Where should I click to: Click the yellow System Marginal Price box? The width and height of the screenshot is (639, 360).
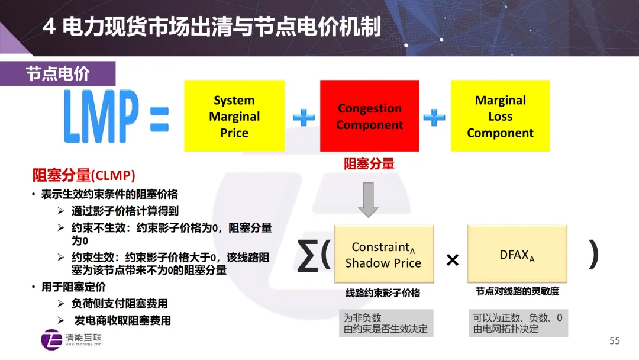click(x=234, y=116)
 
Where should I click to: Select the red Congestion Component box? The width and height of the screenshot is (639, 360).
click(x=370, y=116)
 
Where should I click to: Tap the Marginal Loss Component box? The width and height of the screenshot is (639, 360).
click(x=500, y=116)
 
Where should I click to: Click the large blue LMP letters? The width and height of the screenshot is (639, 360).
click(x=101, y=116)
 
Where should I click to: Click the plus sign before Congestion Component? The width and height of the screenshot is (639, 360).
click(x=304, y=117)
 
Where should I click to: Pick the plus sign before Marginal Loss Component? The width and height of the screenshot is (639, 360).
click(x=434, y=117)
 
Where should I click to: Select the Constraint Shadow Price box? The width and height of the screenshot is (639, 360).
click(x=383, y=255)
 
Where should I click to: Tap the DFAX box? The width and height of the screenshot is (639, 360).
click(x=517, y=255)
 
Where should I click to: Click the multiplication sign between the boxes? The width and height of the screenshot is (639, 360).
click(x=453, y=260)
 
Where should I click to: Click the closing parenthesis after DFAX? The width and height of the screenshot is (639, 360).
click(x=593, y=255)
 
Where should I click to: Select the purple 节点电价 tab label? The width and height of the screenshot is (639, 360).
click(x=57, y=73)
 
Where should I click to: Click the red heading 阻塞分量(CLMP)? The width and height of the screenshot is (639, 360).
click(x=83, y=175)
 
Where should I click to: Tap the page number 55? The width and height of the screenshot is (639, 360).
click(x=615, y=340)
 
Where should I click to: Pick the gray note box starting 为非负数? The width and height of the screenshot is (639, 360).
click(x=386, y=323)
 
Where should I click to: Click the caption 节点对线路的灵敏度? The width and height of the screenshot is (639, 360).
click(x=517, y=291)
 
